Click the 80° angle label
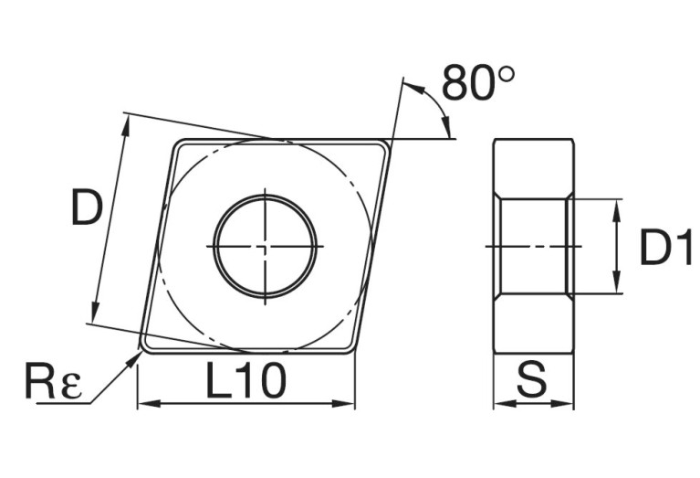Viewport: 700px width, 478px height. (478, 83)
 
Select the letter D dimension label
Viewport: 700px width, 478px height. (87, 207)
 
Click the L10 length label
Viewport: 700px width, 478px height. (246, 380)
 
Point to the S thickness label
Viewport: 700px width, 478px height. (532, 379)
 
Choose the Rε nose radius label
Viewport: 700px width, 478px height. (54, 381)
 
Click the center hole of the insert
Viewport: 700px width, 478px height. (266, 247)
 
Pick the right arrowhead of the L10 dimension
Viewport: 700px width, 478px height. (343, 404)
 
